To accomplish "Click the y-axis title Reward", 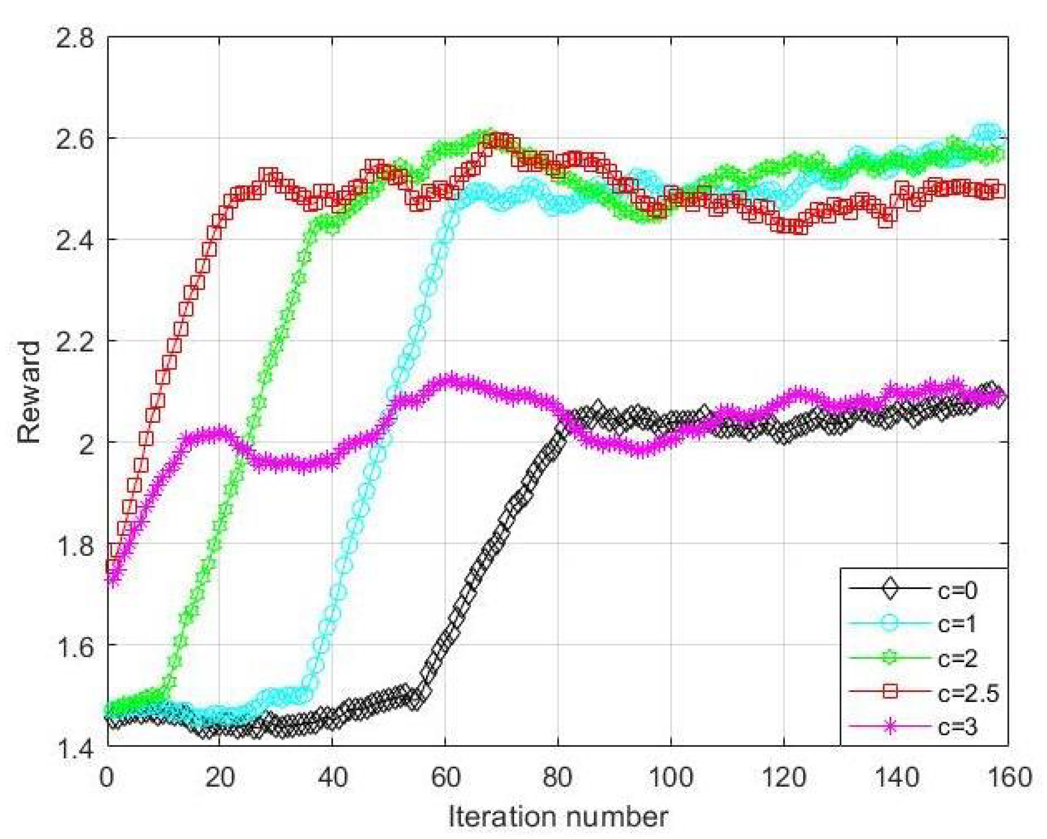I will click(x=29, y=392).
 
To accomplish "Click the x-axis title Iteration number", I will click(x=557, y=817).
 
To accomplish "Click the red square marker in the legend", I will click(x=890, y=693).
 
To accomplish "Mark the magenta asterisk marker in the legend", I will click(x=890, y=727).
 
